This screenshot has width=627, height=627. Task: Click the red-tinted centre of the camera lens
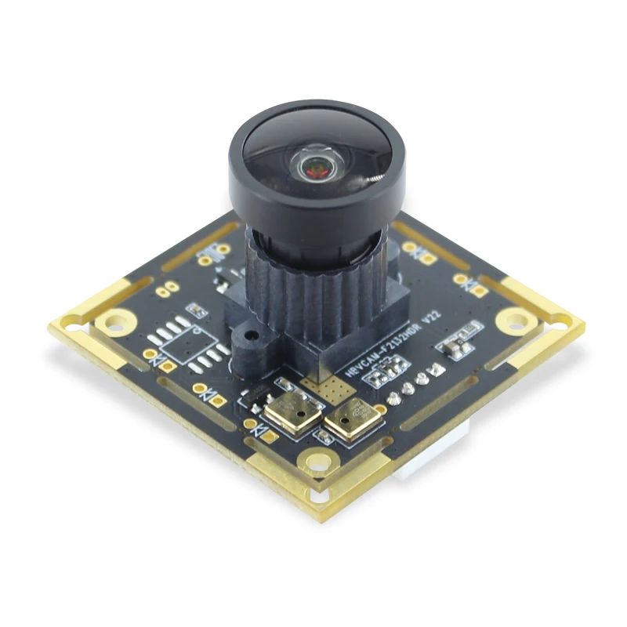click(x=317, y=166)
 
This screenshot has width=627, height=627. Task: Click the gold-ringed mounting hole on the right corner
click(x=515, y=319)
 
